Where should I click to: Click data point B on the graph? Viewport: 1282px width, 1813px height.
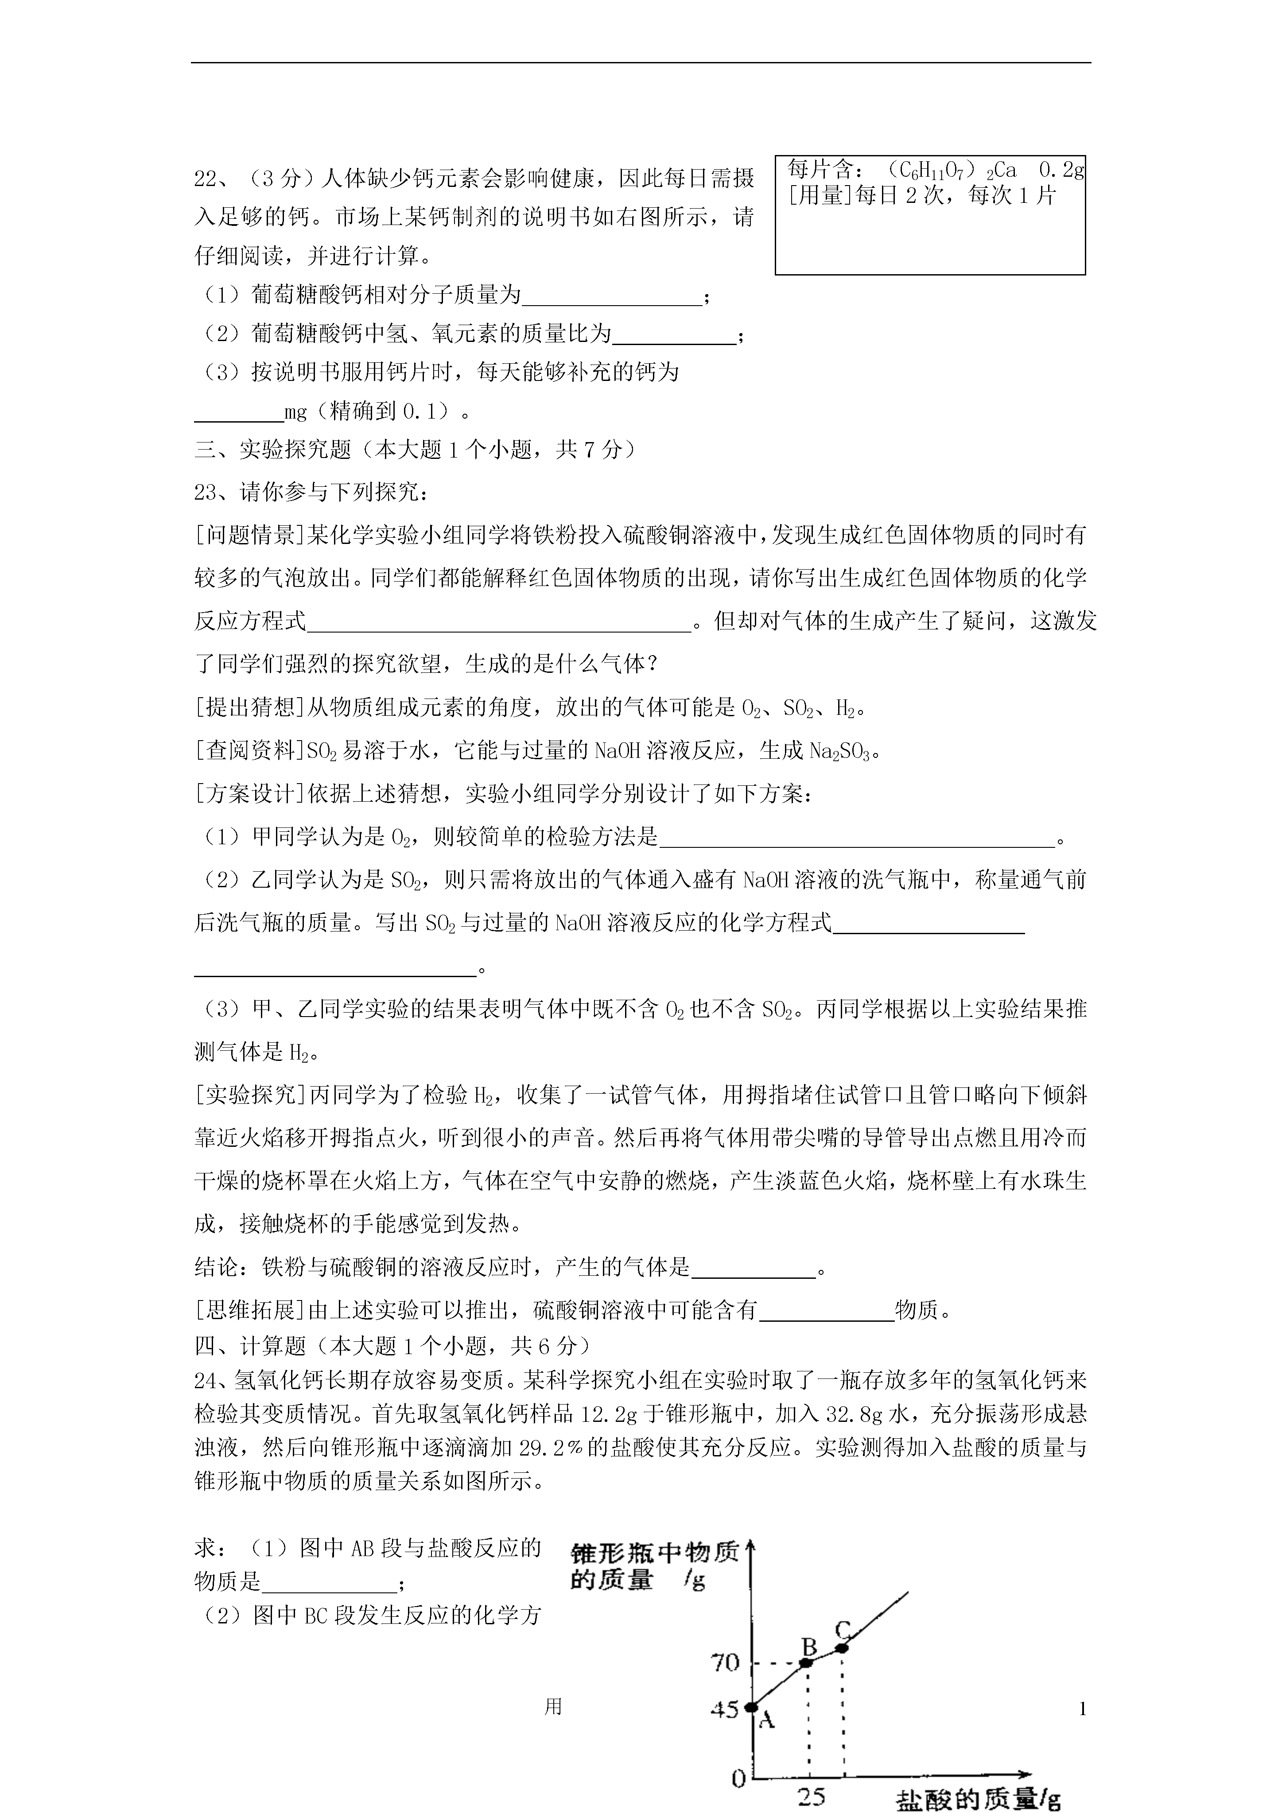(x=807, y=1662)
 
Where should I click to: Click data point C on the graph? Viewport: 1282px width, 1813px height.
(x=843, y=1647)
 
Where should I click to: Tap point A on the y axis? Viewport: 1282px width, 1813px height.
(x=752, y=1707)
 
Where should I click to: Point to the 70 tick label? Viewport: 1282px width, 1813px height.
(x=725, y=1663)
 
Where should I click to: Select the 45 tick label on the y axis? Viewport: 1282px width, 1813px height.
(x=723, y=1709)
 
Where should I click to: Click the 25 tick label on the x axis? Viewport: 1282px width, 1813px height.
(x=810, y=1797)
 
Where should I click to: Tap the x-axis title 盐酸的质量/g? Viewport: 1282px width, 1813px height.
(x=978, y=1800)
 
